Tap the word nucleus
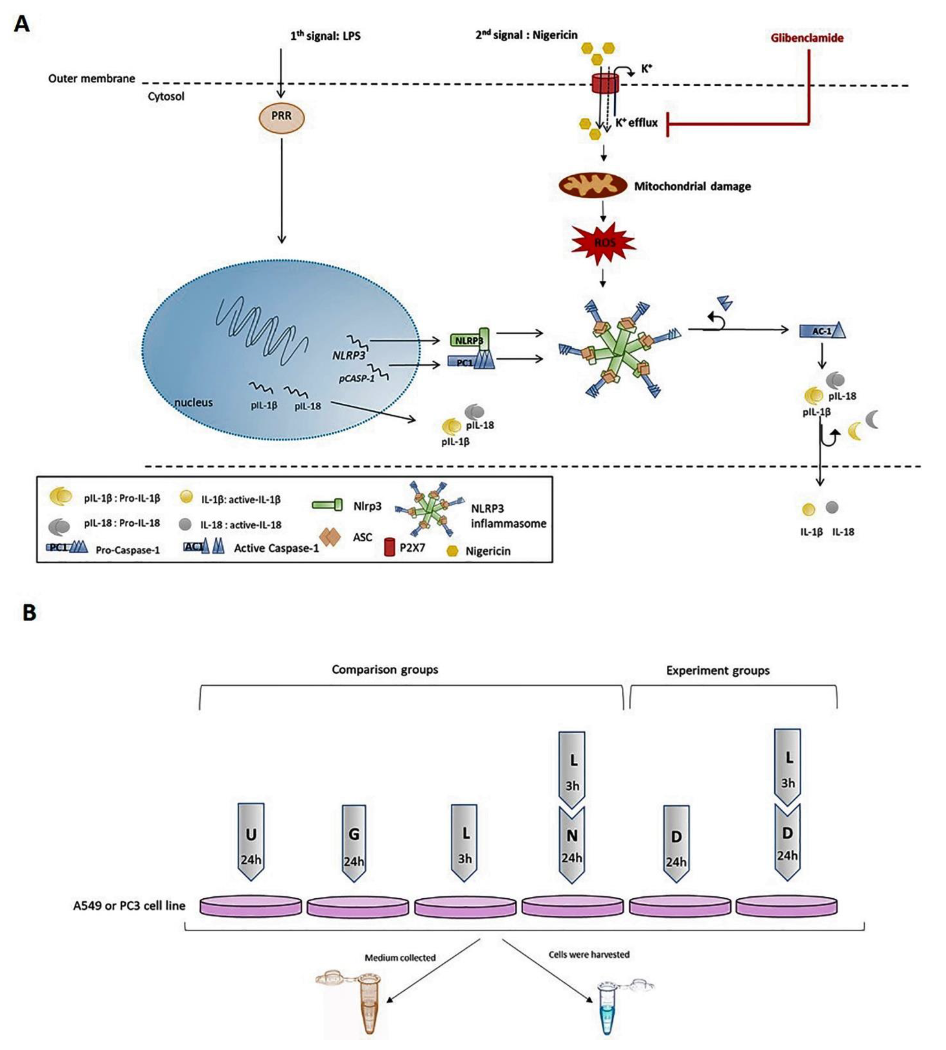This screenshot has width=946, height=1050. pyautogui.click(x=193, y=402)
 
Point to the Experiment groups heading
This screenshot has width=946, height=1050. pyautogui.click(x=718, y=671)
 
